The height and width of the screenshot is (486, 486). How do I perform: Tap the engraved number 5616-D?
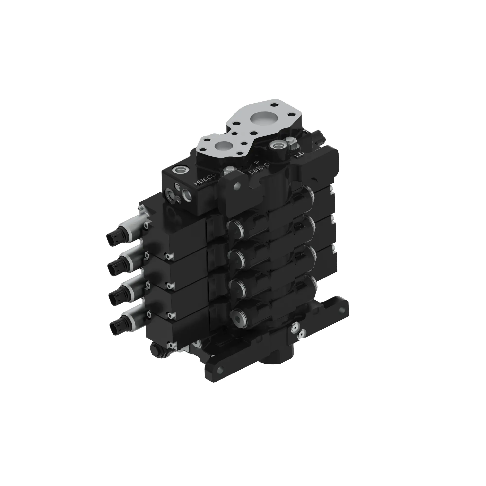(259, 168)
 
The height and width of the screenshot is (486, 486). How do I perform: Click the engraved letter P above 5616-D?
(257, 163)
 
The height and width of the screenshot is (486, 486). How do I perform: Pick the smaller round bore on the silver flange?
(222, 146)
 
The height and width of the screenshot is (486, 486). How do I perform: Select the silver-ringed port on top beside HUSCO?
(181, 170)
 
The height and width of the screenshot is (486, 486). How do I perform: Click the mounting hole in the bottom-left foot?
(221, 369)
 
